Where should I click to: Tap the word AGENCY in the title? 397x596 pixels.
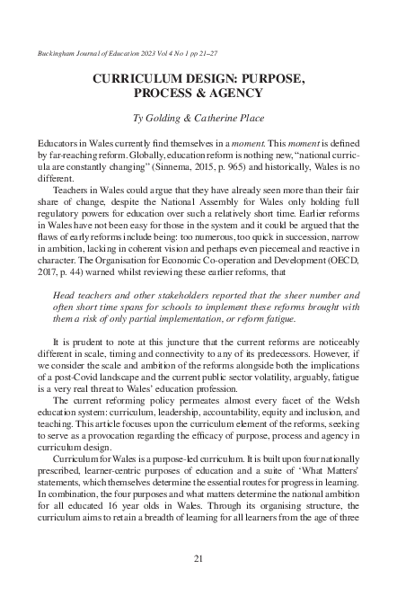[x=234, y=93]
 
